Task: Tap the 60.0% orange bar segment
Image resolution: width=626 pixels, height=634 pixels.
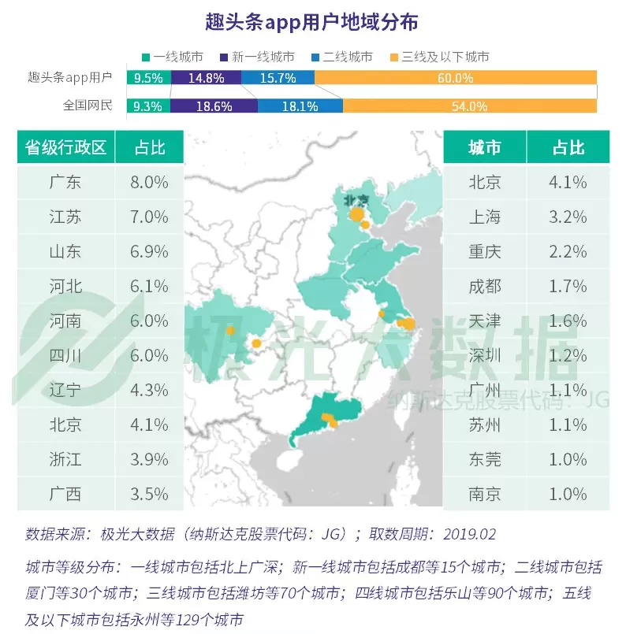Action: [x=456, y=78]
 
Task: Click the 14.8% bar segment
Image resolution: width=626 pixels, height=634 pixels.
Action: [x=206, y=78]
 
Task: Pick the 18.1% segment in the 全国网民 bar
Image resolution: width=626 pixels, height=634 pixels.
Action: [x=300, y=106]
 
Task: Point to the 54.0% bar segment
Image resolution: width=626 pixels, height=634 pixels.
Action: [x=470, y=106]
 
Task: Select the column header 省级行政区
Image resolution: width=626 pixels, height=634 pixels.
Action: [x=65, y=147]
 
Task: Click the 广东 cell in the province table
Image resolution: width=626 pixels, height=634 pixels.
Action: [x=65, y=183]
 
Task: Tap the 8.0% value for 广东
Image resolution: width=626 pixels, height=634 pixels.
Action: [x=150, y=183]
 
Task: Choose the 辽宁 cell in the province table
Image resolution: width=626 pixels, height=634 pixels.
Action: [x=65, y=391]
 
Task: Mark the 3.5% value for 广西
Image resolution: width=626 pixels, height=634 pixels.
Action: [x=150, y=495]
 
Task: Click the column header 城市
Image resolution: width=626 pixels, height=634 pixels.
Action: [x=484, y=147]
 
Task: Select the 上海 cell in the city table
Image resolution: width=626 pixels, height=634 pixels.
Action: [x=484, y=217]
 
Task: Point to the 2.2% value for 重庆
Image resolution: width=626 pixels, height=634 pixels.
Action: [x=568, y=252]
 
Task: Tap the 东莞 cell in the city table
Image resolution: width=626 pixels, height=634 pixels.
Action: [x=484, y=460]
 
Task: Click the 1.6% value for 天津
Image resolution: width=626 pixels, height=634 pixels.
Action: [x=568, y=321]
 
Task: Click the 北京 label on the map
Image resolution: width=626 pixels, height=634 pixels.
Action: [x=356, y=199]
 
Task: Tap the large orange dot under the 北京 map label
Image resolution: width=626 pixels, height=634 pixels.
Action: [x=356, y=214]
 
